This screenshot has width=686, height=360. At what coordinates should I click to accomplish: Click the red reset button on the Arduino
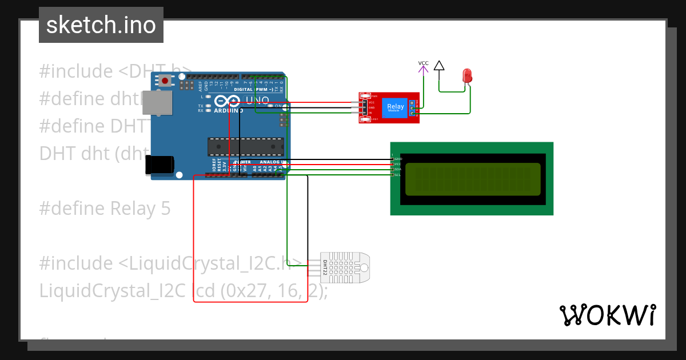pos(165,81)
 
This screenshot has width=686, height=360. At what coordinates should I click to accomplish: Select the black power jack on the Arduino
pos(159,165)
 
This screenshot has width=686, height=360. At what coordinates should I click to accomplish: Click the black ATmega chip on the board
pos(245,147)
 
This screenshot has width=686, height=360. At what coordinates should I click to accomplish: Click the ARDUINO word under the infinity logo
pos(229,110)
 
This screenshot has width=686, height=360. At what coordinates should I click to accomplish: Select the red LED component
pos(467,75)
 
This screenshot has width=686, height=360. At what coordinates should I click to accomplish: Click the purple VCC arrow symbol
pos(423,68)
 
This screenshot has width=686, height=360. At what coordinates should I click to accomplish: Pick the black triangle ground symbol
pos(438,66)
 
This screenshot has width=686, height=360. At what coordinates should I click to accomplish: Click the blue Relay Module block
pos(396,107)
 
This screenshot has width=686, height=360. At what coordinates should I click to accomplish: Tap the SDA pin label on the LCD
pos(398,169)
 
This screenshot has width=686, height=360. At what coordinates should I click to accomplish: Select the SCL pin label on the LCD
pos(398,174)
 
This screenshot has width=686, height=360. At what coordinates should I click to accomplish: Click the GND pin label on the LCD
pos(398,159)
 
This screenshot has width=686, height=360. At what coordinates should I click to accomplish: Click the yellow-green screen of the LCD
pos(473,179)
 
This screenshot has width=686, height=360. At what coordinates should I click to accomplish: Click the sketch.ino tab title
pos(101,25)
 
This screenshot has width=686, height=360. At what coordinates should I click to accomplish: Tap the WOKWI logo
pos(607,315)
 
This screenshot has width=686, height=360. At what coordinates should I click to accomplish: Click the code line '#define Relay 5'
pos(105,208)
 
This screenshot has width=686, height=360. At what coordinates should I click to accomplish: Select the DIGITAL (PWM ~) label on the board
pos(252,90)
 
